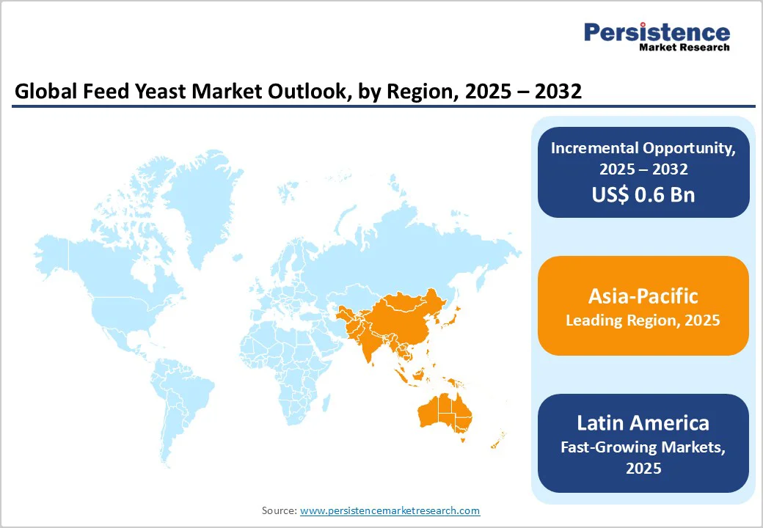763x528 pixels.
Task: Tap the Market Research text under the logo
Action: (x=684, y=47)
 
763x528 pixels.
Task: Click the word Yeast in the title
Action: (x=154, y=92)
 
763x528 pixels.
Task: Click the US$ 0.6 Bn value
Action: (x=643, y=194)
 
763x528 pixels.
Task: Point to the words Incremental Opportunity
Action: (x=643, y=147)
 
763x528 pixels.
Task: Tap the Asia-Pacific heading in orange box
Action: (x=643, y=296)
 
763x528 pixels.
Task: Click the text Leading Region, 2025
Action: (x=643, y=320)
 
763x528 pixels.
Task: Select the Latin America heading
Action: (x=643, y=423)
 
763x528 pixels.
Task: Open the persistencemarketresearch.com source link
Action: (x=390, y=510)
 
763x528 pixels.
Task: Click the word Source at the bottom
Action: (x=279, y=510)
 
